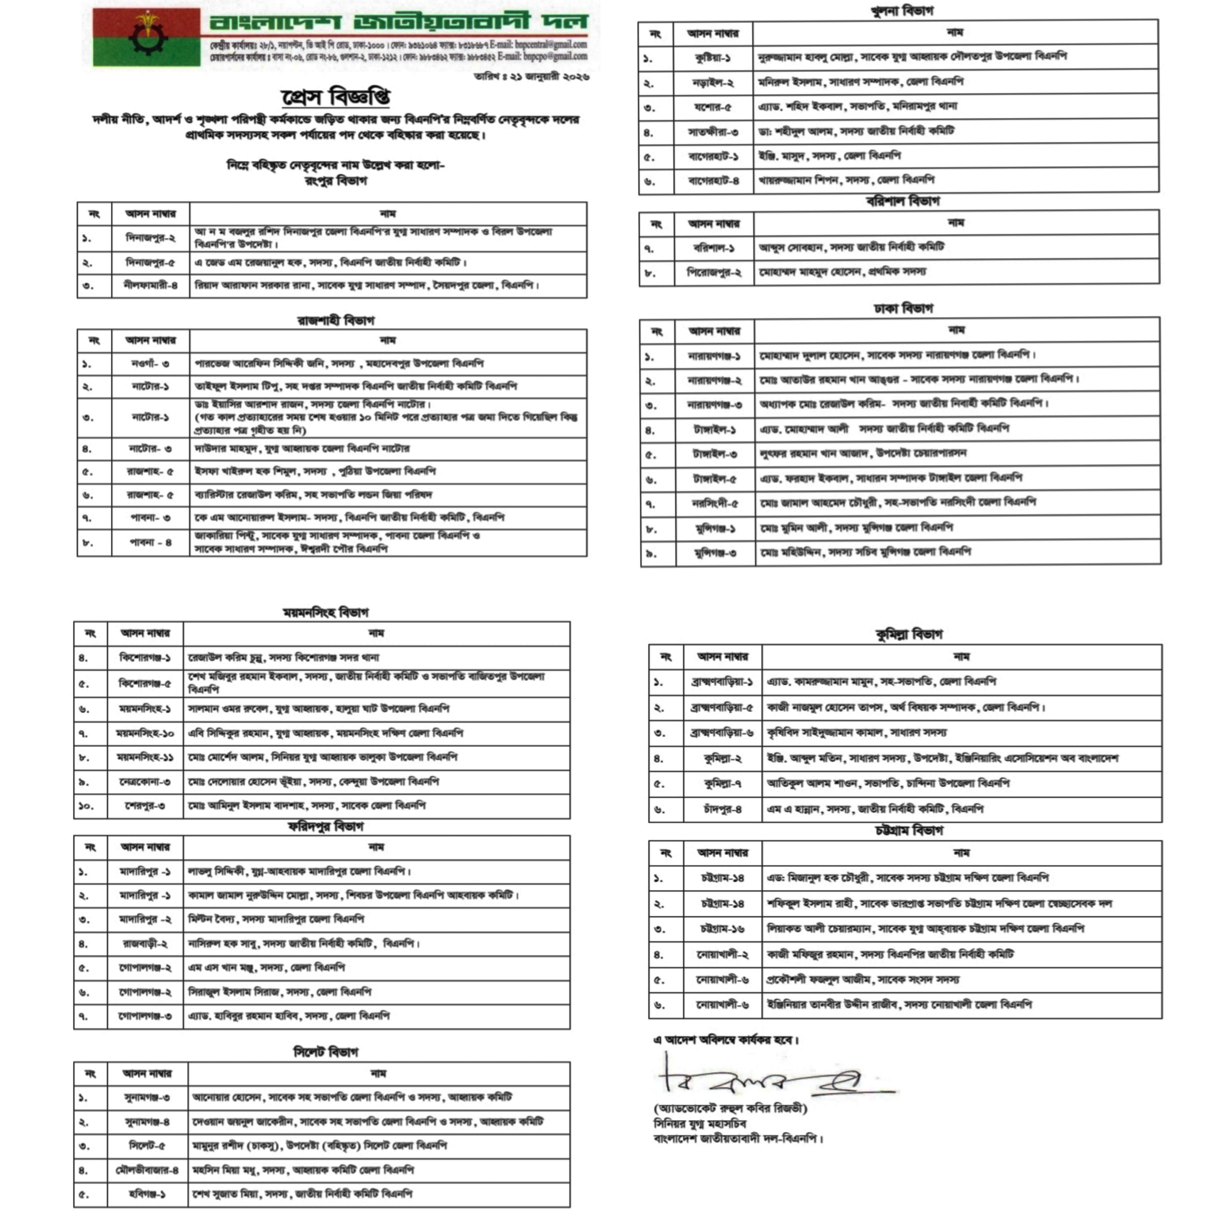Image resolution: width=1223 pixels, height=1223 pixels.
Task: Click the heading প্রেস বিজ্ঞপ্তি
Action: click(x=335, y=97)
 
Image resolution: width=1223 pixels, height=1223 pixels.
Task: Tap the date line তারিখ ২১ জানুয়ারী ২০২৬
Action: click(x=531, y=76)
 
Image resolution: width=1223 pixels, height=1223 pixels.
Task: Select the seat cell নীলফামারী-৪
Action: click(x=150, y=286)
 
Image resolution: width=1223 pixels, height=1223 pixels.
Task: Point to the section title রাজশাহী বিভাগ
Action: click(x=335, y=320)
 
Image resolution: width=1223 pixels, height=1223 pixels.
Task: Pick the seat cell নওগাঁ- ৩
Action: click(x=150, y=364)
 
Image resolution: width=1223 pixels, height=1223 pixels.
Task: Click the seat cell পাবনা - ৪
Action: click(x=150, y=543)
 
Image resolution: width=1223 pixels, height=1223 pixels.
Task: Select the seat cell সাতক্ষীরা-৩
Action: click(x=713, y=132)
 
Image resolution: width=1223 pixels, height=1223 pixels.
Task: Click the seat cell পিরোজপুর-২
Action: click(x=714, y=273)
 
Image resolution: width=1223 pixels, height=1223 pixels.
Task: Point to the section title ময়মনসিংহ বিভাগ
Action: click(x=325, y=612)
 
